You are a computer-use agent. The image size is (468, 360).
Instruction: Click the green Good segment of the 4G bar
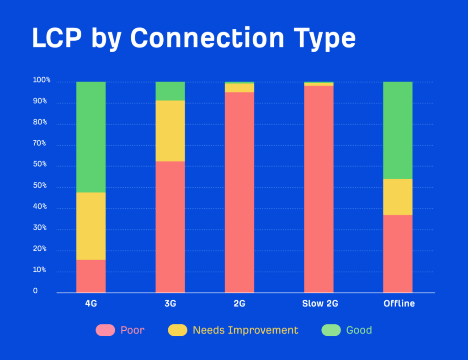91,137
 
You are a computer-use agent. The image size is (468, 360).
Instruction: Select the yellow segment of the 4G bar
91,226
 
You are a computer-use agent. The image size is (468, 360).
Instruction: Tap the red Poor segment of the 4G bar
91,276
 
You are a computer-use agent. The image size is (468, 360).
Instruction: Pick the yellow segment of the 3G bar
170,131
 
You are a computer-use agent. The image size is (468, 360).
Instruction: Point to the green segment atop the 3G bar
170,91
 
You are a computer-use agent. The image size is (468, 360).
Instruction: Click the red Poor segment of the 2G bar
239,192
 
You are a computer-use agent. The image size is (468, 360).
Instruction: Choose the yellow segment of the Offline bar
398,197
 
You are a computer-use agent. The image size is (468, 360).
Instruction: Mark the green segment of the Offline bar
398,130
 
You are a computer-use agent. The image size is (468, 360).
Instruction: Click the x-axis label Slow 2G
320,304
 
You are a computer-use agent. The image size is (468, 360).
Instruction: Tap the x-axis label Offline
399,304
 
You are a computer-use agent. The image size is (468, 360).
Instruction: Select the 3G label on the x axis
170,304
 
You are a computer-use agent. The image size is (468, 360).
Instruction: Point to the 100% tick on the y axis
41,81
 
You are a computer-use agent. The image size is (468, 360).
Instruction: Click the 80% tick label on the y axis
40,123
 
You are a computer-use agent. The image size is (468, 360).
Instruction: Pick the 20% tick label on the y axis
40,249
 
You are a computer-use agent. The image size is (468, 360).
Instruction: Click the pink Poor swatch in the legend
105,330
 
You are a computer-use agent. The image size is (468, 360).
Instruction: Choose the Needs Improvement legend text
245,330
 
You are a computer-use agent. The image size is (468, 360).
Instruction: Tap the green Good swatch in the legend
331,330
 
